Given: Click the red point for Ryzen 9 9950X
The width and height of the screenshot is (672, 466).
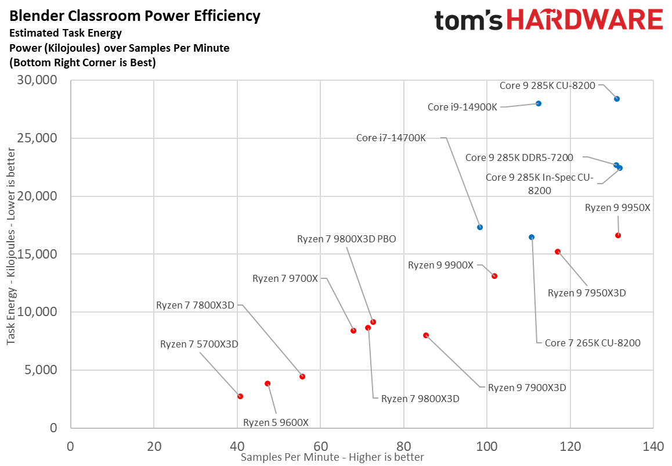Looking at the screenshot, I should coord(618,235).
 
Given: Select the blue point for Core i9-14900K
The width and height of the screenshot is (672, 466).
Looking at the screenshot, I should coord(539,103).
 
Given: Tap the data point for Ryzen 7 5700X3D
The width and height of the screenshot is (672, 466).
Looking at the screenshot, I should coord(240,396).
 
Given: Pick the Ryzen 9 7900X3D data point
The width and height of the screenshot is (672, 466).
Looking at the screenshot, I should coord(426,335).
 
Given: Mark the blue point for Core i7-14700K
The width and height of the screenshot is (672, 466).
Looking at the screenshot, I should coord(480,227).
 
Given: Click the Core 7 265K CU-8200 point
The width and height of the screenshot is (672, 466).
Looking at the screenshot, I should coord(532,237).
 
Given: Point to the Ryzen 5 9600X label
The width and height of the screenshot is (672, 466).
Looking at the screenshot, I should coord(276,422).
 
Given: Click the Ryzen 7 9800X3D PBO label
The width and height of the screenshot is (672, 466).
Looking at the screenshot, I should coord(346,239).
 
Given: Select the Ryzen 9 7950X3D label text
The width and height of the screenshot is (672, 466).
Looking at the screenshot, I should coord(587,293).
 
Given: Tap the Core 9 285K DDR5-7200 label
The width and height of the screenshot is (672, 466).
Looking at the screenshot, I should coord(519,157).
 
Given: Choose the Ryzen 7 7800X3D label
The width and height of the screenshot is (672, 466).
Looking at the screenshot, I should coord(194,305).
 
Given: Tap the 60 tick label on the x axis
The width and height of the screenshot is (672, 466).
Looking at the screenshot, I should coord(320,447).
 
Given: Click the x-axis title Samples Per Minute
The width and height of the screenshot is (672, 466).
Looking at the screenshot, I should coord(332,457).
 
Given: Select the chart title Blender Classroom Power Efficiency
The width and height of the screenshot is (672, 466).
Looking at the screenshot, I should coord(135,16).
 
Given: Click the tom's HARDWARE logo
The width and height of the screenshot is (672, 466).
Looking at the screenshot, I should coord(548,20).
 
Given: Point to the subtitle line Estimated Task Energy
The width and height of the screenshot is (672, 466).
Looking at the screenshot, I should coord(66,34).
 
